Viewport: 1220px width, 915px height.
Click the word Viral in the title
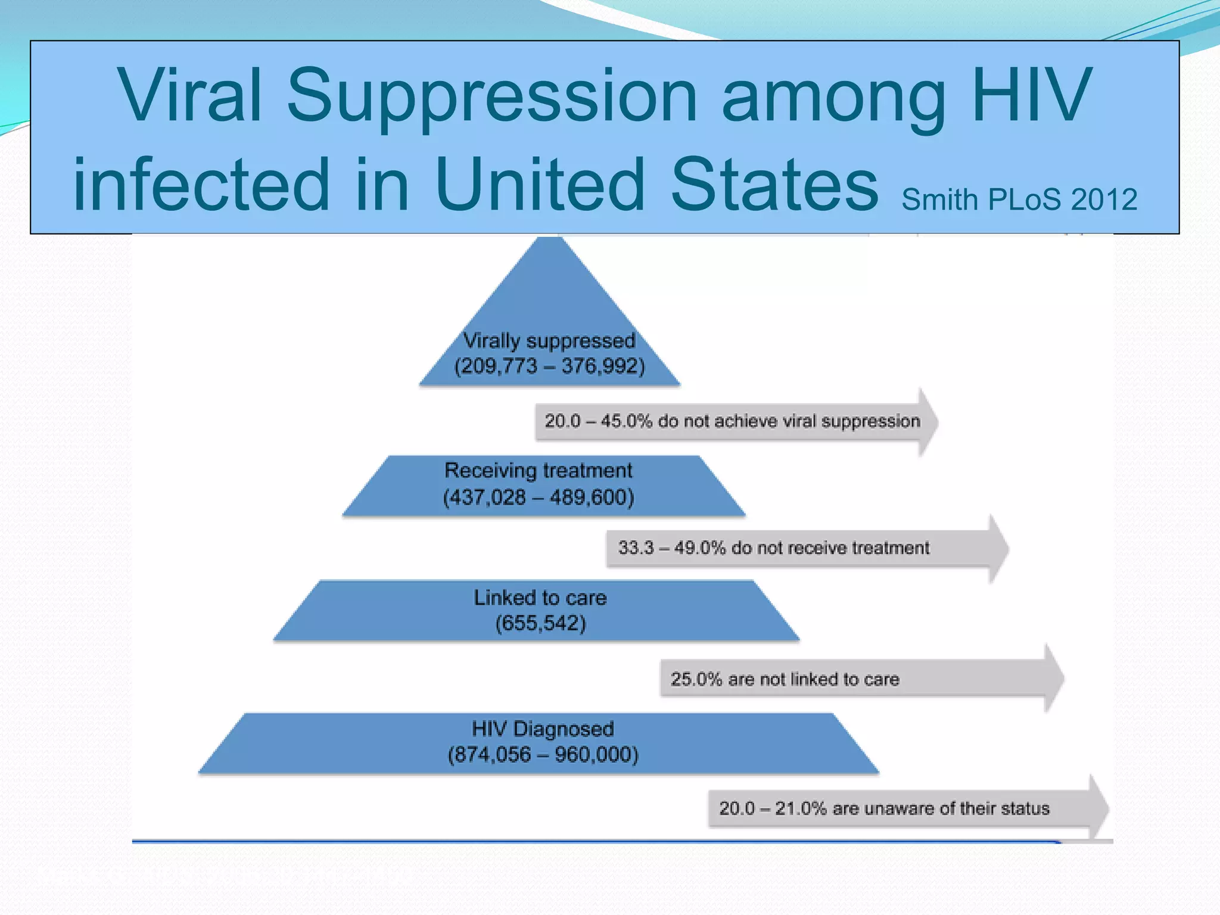(x=190, y=95)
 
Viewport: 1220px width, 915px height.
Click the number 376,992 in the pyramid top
(x=602, y=366)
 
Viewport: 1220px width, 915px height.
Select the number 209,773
(x=496, y=366)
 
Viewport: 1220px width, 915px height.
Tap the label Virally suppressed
(x=549, y=341)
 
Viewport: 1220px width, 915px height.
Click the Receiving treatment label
(x=539, y=471)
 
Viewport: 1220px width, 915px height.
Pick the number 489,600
(x=592, y=497)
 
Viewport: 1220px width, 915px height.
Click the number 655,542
(x=541, y=623)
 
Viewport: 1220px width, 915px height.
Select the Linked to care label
(x=540, y=597)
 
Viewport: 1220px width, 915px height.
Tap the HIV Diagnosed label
(x=543, y=729)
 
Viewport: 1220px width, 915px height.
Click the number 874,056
(x=490, y=755)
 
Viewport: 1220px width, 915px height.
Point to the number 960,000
(x=596, y=755)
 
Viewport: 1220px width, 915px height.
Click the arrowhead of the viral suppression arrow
(x=928, y=422)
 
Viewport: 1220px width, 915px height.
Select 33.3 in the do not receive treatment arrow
(x=636, y=547)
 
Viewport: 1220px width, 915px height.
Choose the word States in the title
(x=774, y=185)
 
